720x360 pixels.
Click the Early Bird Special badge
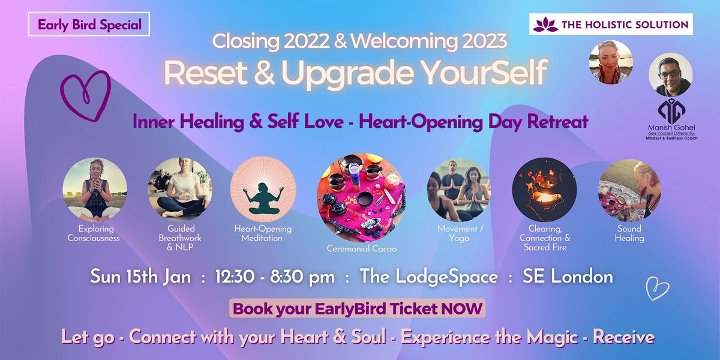[89, 25]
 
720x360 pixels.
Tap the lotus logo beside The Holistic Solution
[546, 25]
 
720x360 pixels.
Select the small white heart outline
[657, 289]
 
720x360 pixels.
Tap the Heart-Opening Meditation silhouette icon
[263, 190]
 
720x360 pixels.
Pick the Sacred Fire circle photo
[544, 190]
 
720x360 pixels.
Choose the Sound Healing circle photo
[629, 190]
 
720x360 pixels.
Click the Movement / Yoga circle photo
[459, 190]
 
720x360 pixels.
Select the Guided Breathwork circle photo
[179, 190]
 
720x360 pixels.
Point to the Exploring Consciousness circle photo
[94, 190]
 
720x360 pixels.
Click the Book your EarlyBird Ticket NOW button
[358, 310]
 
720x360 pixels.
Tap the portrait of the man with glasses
[671, 74]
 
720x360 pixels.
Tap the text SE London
[568, 277]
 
